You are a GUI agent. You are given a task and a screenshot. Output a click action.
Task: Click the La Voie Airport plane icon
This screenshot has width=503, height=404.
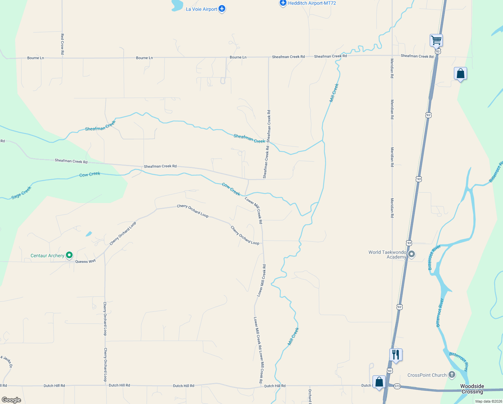click(x=222, y=9)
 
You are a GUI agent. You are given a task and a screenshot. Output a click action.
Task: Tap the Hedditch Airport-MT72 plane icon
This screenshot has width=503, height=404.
click(x=283, y=3)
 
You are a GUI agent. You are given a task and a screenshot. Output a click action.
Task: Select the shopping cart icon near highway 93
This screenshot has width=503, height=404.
click(x=436, y=40)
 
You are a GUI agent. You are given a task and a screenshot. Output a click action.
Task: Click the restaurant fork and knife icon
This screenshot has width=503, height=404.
click(x=396, y=355)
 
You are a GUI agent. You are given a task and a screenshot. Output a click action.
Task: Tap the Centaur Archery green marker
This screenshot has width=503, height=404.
click(x=69, y=255)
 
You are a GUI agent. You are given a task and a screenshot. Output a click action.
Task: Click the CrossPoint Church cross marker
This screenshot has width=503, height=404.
click(x=452, y=374)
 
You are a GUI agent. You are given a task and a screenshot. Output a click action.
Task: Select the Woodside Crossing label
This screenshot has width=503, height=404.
click(x=472, y=389)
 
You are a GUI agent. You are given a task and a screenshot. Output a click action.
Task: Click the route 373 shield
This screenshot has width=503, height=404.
click(x=397, y=386)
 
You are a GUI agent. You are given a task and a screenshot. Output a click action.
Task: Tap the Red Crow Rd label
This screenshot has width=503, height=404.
click(x=62, y=44)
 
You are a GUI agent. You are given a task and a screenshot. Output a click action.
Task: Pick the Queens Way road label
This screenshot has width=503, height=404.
click(x=85, y=261)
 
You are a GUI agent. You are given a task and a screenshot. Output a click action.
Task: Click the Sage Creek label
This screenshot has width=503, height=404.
click(x=21, y=193)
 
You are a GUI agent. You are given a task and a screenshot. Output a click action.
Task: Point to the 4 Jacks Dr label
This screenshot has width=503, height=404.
click(x=7, y=361)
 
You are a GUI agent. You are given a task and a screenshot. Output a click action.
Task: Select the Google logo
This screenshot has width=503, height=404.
click(x=11, y=400)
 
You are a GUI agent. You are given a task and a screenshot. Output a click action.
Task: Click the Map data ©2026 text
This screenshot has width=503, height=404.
click(x=489, y=401)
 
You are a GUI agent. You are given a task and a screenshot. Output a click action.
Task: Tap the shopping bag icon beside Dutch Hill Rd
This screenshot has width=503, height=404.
click(x=379, y=382)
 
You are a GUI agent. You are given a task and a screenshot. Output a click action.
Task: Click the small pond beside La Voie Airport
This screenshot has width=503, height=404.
click(x=177, y=5)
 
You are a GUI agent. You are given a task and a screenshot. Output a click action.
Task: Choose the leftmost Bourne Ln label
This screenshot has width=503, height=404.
click(x=36, y=58)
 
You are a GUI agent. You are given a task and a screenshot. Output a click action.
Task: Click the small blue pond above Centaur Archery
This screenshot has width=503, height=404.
click(x=89, y=234)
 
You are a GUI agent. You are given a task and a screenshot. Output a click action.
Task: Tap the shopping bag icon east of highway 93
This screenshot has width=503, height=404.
click(x=460, y=74)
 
